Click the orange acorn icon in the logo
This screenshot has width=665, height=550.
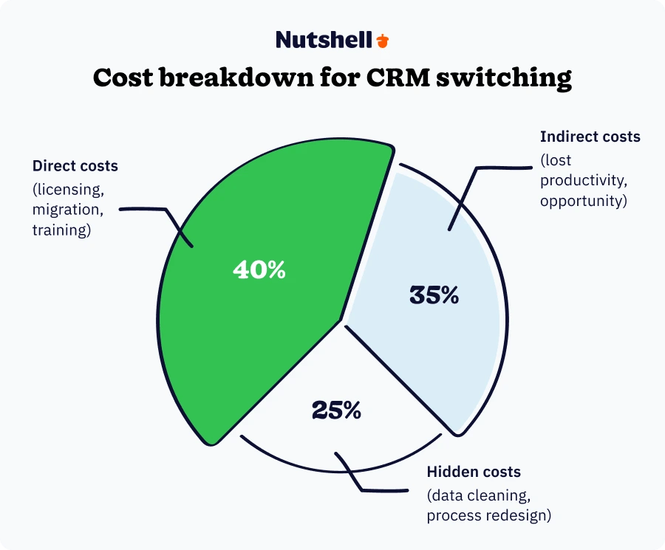click(x=382, y=40)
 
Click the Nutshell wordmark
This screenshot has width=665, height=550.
click(x=324, y=40)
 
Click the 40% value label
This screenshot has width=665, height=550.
click(x=259, y=270)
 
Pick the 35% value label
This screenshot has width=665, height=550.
click(x=434, y=295)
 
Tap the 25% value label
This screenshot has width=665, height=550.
click(x=336, y=410)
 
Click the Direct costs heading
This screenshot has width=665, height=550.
click(x=75, y=166)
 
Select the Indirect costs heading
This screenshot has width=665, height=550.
click(x=590, y=137)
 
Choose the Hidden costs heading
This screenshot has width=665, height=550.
click(x=474, y=472)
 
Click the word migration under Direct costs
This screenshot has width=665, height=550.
click(x=66, y=210)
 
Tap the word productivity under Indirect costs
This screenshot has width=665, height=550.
click(x=582, y=180)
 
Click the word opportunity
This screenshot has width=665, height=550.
click(x=583, y=201)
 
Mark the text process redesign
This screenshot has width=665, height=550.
click(x=488, y=515)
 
